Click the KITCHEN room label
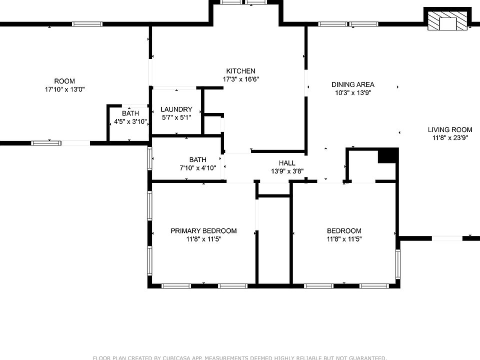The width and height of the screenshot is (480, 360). pos(240,71)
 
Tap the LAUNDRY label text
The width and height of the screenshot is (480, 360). pos(176,109)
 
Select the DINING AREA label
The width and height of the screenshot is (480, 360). pos(352,84)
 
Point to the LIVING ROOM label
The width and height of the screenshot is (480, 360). pos(450,129)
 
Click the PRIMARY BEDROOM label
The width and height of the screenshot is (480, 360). pos(203,231)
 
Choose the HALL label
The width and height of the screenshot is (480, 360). pos(287,163)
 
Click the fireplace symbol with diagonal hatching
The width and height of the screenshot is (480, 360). pos(447,21)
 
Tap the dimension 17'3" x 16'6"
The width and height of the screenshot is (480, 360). pos(240,79)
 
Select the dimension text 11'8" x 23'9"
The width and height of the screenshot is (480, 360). pos(450,138)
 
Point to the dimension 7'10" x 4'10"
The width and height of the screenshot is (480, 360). pos(197,168)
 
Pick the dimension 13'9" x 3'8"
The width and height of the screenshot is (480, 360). pos(287,171)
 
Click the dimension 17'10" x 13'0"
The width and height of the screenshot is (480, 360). pos(64,89)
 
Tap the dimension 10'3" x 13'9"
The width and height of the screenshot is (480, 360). pos(352,92)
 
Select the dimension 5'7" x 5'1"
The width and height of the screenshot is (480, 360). pos(176,117)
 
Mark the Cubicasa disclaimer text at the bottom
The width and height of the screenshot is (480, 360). pos(239,357)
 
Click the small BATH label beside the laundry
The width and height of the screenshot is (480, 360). pos(130,113)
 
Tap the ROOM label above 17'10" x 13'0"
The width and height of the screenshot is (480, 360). pos(64,81)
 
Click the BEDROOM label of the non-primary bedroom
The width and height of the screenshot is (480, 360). pos(344,231)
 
